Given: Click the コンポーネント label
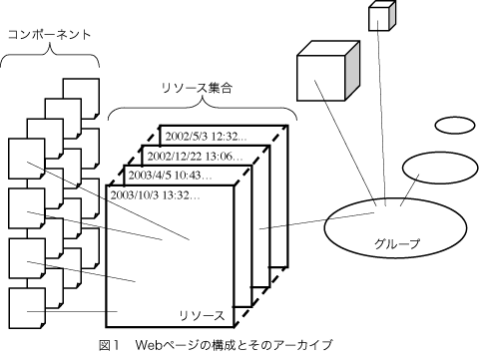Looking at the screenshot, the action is [x=49, y=35].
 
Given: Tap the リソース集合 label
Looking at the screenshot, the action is [x=197, y=88].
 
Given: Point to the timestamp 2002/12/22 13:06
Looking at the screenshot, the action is [x=195, y=157].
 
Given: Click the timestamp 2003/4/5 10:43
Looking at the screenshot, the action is [x=170, y=176].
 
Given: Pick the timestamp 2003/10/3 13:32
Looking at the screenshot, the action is [x=155, y=195].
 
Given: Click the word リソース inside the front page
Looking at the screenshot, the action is [x=202, y=315].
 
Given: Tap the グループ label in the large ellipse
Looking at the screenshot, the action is [x=397, y=243].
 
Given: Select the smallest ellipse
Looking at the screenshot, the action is [x=455, y=126].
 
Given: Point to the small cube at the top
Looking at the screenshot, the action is [x=382, y=16].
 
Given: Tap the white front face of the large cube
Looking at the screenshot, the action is [x=320, y=78].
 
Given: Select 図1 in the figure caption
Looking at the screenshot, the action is [x=109, y=345].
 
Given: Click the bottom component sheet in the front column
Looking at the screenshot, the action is [x=27, y=308].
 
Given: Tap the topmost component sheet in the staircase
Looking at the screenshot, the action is [x=81, y=99].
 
